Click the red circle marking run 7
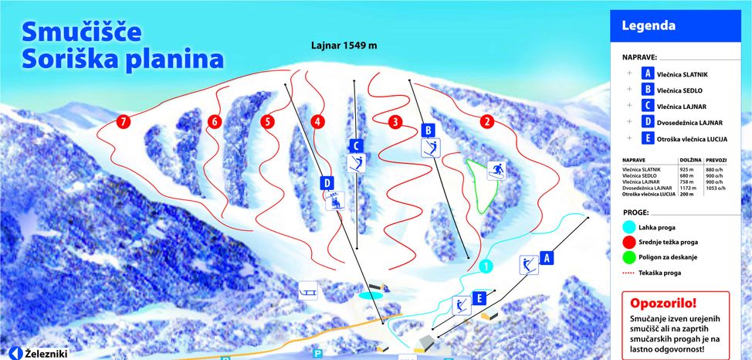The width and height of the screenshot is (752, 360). pos(122,122)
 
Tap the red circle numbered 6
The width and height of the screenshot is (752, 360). pos(215,121)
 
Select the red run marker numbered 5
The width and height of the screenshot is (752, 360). pos(267,121)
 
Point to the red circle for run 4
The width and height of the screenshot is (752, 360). pos(318,121)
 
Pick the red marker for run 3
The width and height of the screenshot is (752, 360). pos(395,121)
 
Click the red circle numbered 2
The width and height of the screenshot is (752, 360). pos(486,121)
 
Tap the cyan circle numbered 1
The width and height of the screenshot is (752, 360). pos(485,267)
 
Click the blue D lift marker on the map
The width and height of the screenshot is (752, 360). pos(327,182)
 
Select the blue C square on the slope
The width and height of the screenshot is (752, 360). pos(356,144)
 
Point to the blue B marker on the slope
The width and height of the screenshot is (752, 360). pos(429,130)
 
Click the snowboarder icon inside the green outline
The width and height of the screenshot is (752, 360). pos(496,171)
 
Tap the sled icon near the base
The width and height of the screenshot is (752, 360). pos(307,290)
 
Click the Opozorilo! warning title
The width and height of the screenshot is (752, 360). pos(662,304)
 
